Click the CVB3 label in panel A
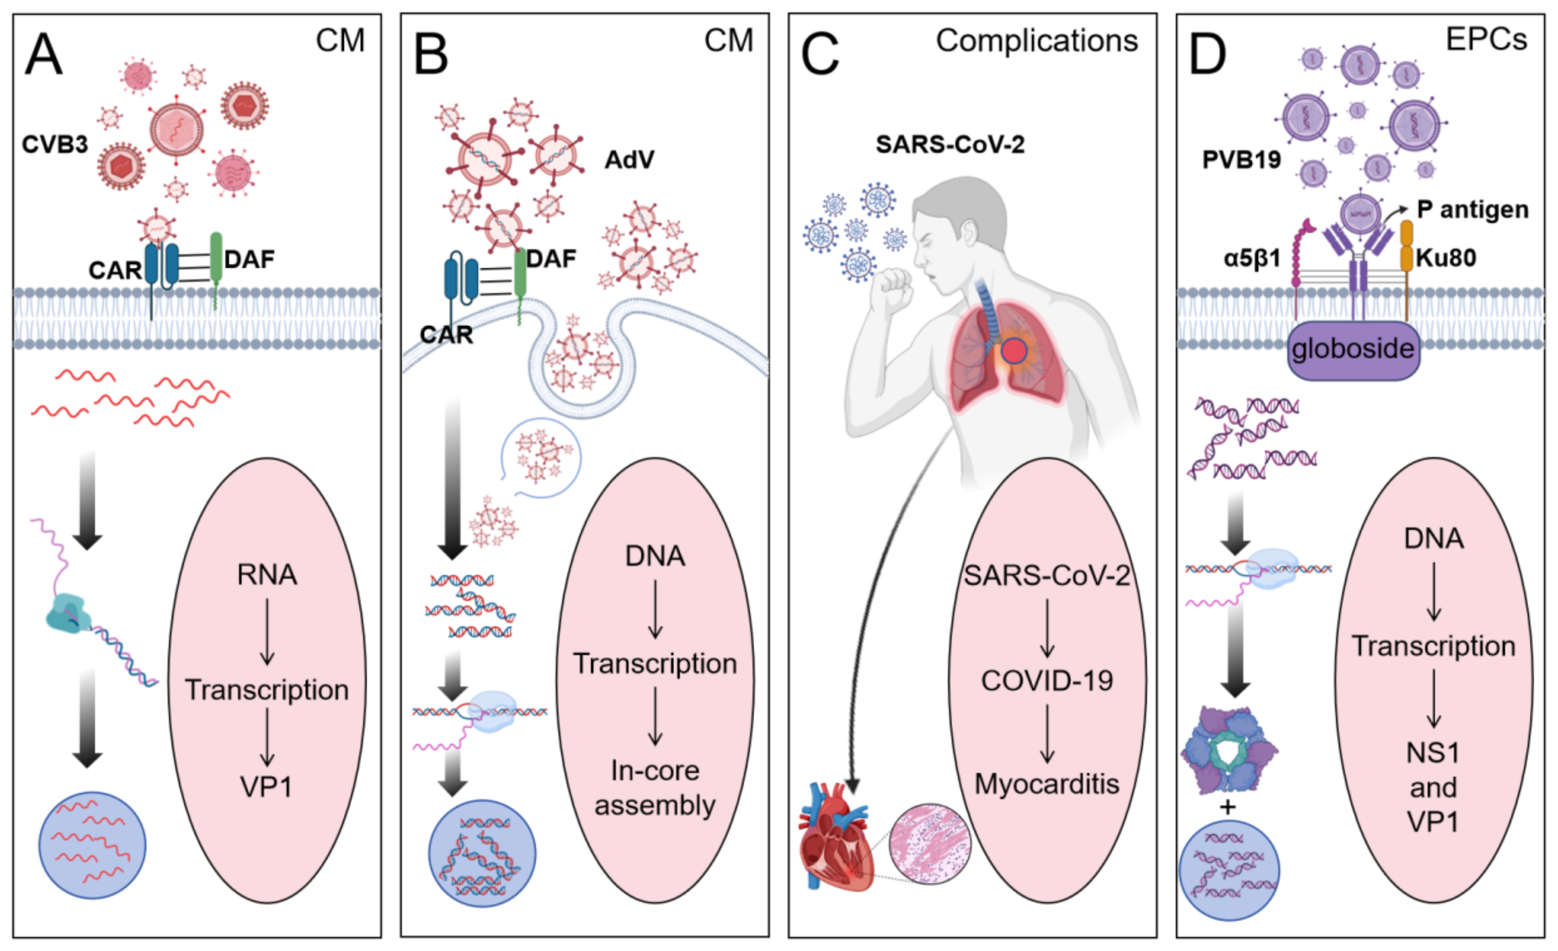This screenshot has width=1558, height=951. point(54,145)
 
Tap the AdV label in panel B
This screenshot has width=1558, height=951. point(629,160)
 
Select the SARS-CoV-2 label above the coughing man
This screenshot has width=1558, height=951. point(949,145)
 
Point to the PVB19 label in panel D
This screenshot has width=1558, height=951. point(1241,160)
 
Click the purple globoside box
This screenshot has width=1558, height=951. point(1353,349)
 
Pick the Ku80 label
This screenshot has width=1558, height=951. point(1445,258)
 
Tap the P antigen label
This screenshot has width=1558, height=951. point(1472,210)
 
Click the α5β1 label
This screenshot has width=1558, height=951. point(1252,258)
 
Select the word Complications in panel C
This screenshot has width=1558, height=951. point(1036,41)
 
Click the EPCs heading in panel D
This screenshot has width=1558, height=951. point(1486,39)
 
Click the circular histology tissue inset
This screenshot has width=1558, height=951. point(929,844)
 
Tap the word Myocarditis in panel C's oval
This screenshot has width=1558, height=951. point(1046,784)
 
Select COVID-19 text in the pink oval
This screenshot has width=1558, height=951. point(1046,681)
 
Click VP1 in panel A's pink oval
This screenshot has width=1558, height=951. point(266,787)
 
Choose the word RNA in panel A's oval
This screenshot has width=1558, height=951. point(266,574)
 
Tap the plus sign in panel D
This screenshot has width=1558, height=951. point(1227,808)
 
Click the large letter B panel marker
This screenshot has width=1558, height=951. point(431,55)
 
